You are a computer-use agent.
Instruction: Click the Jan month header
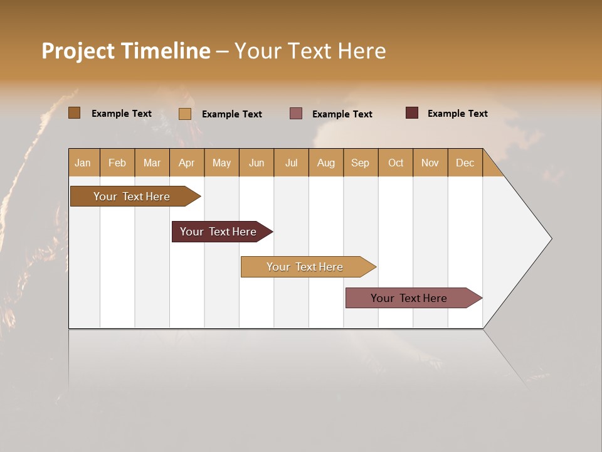[x=83, y=163]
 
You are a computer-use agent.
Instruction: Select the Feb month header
[x=117, y=163]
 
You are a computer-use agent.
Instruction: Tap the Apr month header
[x=186, y=163]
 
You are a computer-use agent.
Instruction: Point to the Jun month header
[x=256, y=163]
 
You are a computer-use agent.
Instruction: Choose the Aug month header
[x=325, y=163]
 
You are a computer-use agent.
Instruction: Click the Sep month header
[x=360, y=163]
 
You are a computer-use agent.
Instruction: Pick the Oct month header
[x=396, y=163]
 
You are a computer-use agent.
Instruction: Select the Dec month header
[x=465, y=163]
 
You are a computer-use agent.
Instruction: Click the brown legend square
[x=75, y=113]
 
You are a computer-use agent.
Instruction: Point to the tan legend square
[x=185, y=114]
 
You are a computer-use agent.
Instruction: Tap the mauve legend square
[x=296, y=114]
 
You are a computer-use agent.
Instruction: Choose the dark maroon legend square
[x=412, y=113]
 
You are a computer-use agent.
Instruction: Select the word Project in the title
[x=78, y=51]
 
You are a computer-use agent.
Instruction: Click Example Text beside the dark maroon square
[x=457, y=114]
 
